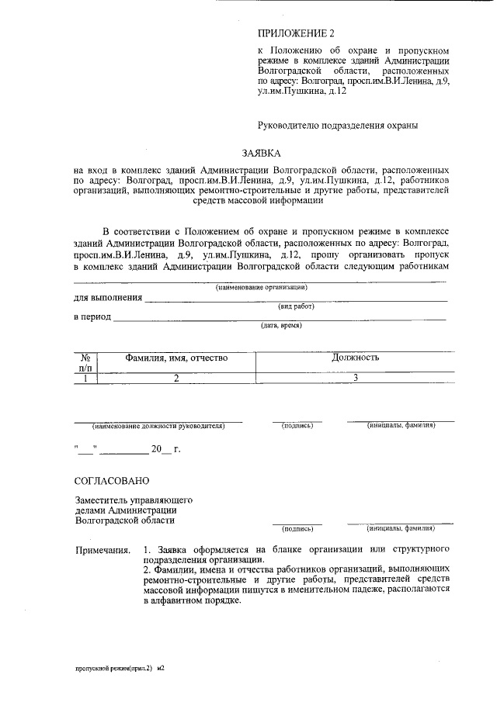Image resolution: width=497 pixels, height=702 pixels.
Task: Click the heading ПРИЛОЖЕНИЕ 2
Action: (x=295, y=33)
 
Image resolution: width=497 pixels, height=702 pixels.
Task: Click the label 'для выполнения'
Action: (x=108, y=299)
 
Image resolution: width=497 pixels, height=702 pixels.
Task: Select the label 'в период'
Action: (x=92, y=317)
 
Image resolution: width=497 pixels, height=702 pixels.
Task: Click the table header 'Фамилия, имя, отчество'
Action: (x=176, y=358)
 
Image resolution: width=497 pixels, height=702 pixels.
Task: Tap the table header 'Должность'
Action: (x=355, y=358)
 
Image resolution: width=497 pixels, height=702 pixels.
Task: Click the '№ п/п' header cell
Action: (x=85, y=363)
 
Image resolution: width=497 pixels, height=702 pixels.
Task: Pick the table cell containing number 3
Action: (x=355, y=379)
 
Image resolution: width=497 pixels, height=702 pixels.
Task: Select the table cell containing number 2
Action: (x=176, y=379)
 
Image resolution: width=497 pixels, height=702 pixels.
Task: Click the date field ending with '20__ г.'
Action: (x=127, y=449)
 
